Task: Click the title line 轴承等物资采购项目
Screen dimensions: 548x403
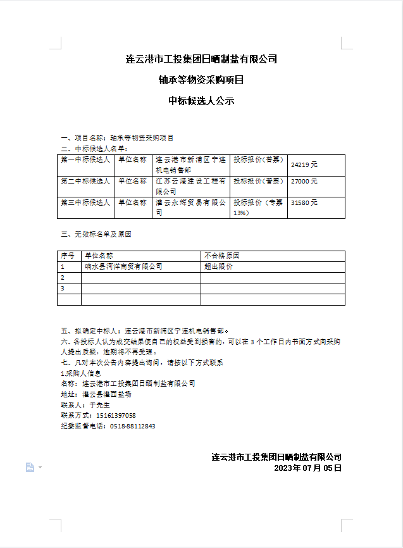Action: (201, 80)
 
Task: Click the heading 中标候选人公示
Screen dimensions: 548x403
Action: (201, 100)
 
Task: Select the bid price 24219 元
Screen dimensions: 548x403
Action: (304, 165)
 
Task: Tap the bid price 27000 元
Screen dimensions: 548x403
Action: (304, 181)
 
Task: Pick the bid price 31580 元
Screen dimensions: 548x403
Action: (304, 202)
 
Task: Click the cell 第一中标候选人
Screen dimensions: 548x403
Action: (85, 160)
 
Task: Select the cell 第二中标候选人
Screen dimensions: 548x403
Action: (85, 181)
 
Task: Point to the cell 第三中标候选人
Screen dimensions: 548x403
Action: (85, 202)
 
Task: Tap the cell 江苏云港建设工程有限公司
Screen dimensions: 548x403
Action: (190, 186)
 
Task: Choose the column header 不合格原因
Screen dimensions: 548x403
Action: (222, 256)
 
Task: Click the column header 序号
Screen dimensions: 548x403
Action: (68, 256)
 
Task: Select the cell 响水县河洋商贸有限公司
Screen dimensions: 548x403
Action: (123, 267)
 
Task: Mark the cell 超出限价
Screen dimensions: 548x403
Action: (218, 267)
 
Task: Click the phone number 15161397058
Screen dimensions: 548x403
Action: (116, 415)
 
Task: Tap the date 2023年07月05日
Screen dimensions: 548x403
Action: (307, 468)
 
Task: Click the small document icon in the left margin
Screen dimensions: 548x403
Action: (30, 467)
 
